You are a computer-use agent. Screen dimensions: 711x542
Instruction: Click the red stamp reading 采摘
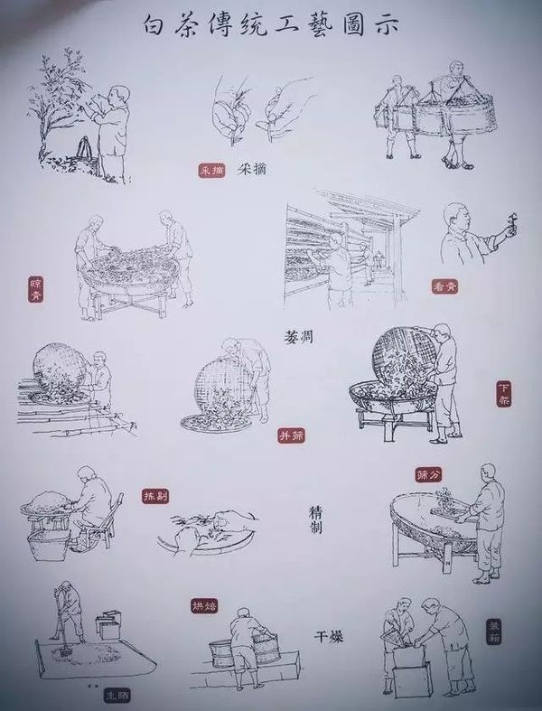211,169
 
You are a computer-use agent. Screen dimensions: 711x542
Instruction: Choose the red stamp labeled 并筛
290,435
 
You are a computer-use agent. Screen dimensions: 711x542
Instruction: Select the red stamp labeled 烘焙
203,604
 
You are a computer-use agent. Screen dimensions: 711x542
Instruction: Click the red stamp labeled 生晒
117,695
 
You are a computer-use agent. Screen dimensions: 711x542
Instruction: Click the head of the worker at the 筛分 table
490,473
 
